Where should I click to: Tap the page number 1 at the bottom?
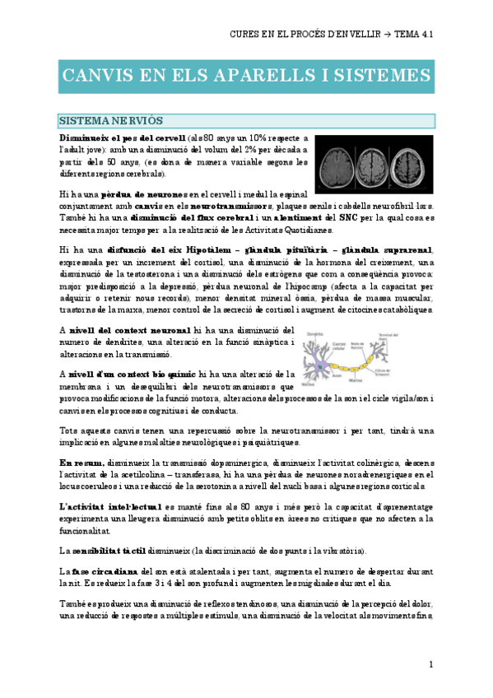[430, 664]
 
